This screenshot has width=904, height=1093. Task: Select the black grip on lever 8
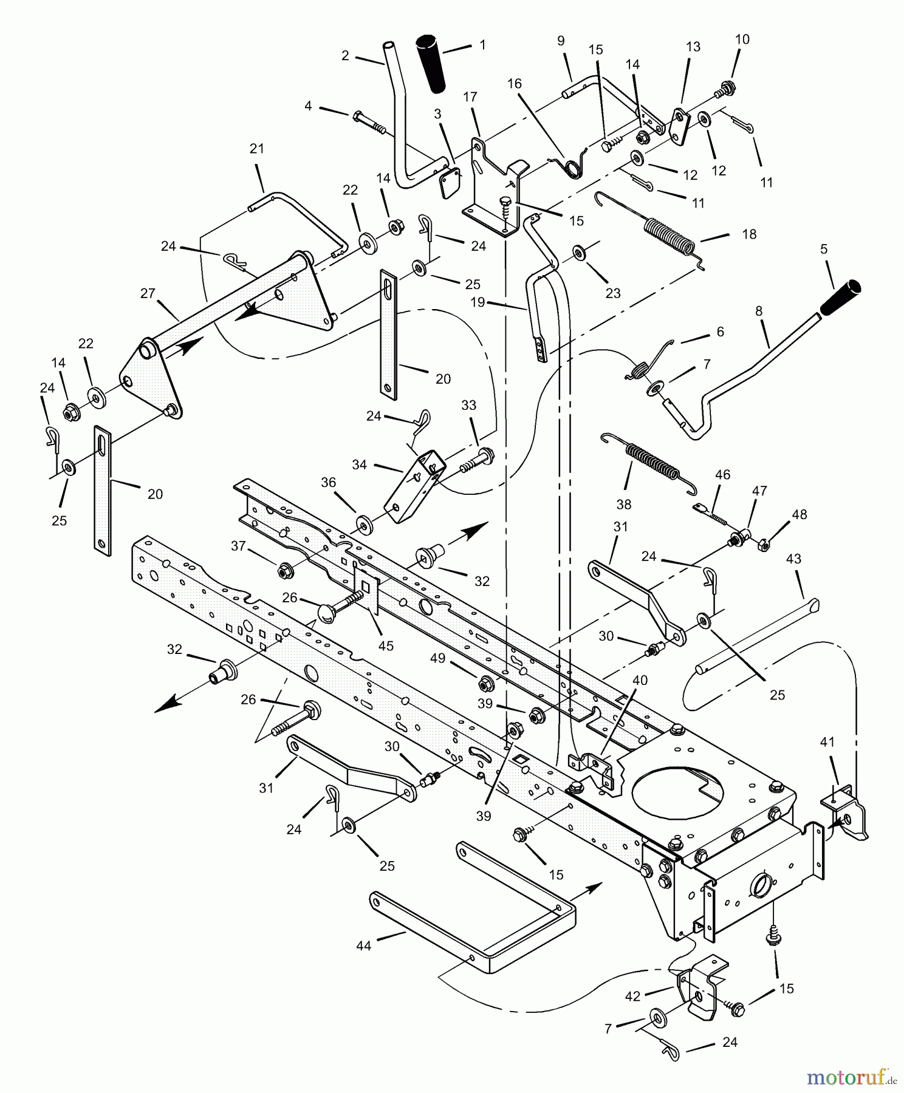click(x=841, y=298)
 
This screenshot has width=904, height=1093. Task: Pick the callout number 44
click(x=363, y=945)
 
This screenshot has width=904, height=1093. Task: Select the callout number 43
click(x=793, y=559)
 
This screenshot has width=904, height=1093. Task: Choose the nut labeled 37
click(x=284, y=570)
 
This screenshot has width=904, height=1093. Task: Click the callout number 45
click(x=386, y=645)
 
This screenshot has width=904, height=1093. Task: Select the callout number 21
click(x=257, y=149)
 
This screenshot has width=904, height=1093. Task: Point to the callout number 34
click(x=360, y=465)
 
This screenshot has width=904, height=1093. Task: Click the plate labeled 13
click(x=680, y=126)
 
